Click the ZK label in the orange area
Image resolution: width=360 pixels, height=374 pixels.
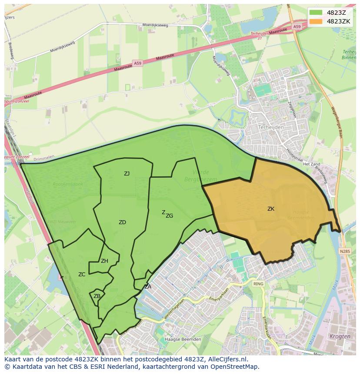(271, 209)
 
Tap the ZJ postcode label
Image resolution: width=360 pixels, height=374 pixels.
(127, 174)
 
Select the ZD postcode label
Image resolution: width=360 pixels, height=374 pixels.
(122, 222)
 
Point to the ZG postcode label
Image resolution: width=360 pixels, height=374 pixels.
(170, 215)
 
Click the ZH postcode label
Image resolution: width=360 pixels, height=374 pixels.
(104, 261)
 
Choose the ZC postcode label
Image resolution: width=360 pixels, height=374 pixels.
(82, 275)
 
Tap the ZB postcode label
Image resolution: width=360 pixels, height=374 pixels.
(97, 296)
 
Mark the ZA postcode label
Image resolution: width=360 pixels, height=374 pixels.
(148, 287)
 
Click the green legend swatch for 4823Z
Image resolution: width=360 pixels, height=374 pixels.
(316, 13)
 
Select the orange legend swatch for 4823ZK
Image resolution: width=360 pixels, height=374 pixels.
(316, 21)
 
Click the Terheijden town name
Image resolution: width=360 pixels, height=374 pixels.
(271, 127)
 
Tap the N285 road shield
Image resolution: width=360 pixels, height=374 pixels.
(345, 251)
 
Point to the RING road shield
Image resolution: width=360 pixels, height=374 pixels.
(258, 284)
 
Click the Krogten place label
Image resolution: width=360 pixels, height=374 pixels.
(340, 337)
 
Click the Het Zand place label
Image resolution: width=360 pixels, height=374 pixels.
(311, 164)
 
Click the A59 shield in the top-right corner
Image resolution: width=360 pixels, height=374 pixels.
(297, 26)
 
